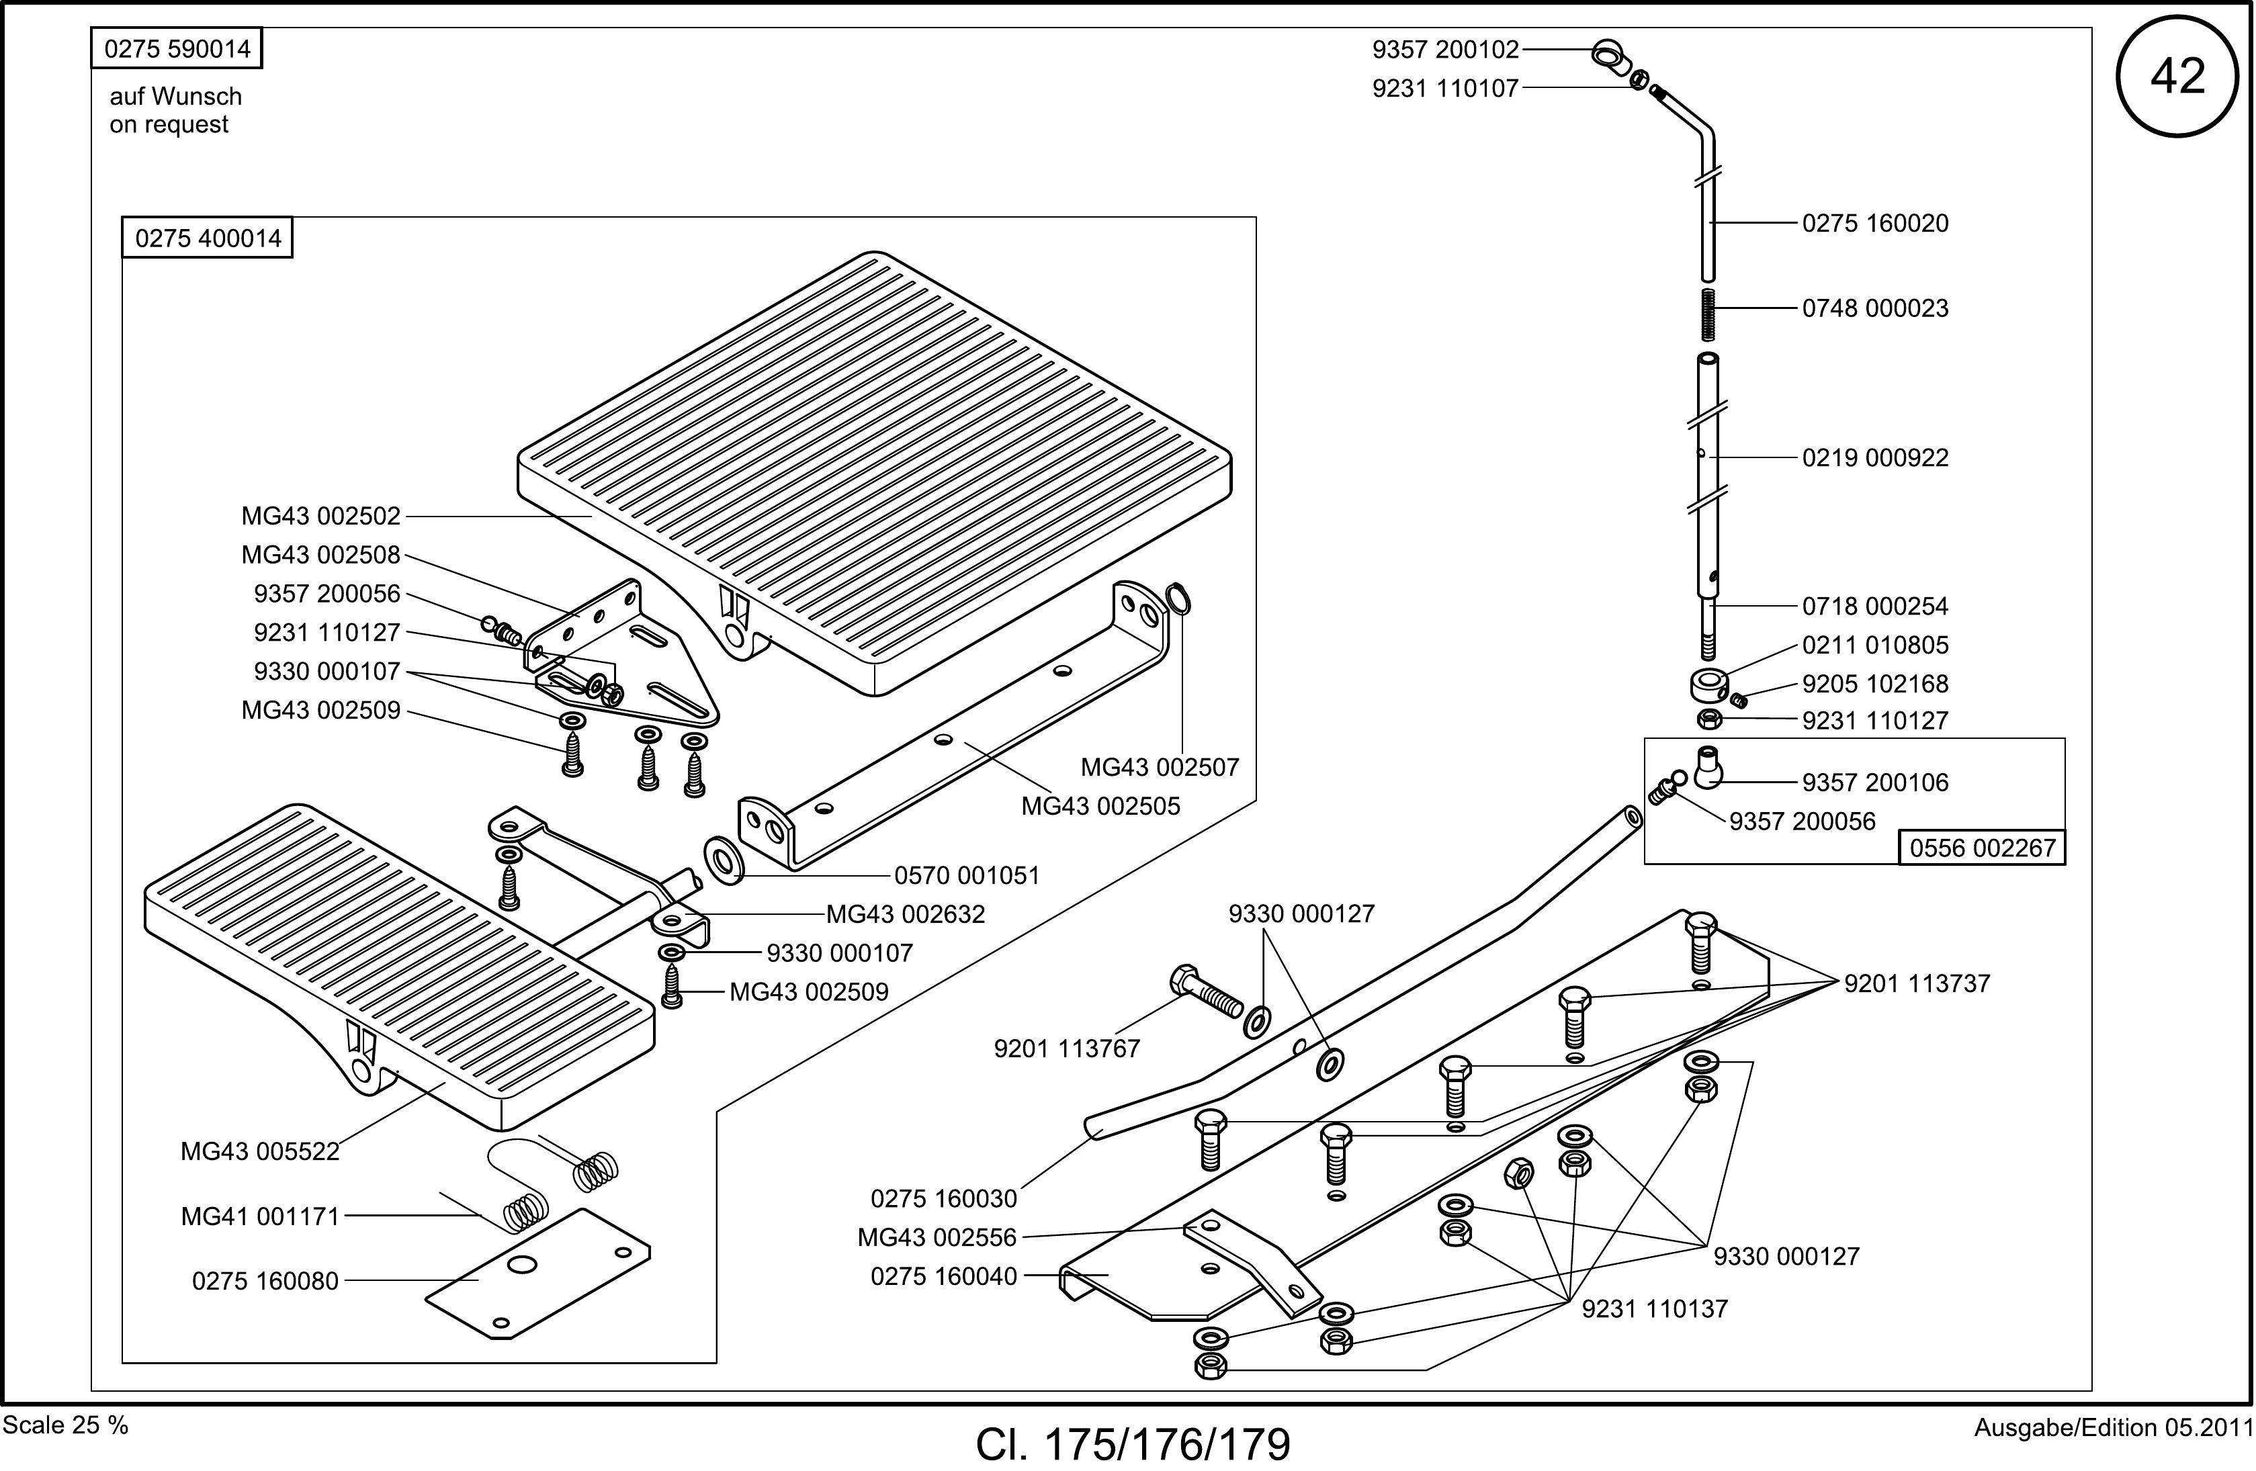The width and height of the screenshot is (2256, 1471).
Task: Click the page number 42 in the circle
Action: [x=2177, y=76]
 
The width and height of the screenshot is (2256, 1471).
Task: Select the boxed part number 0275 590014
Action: [x=176, y=48]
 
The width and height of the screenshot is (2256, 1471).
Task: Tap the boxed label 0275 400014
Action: [x=208, y=238]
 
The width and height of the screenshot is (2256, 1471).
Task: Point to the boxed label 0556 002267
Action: [x=1982, y=848]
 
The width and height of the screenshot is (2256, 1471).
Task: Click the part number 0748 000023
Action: [x=1875, y=308]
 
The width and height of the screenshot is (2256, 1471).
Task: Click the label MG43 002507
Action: [x=1160, y=767]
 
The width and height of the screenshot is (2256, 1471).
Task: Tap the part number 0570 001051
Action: [x=967, y=875]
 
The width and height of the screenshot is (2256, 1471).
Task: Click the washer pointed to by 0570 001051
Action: [x=725, y=860]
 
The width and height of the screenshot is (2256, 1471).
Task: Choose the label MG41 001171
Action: [x=260, y=1216]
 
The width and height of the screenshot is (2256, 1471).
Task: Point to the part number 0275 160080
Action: [x=265, y=1280]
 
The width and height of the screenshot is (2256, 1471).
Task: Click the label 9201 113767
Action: [x=1066, y=1049]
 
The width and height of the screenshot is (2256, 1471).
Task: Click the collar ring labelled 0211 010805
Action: [x=1708, y=683]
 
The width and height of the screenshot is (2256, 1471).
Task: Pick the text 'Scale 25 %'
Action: [x=65, y=1425]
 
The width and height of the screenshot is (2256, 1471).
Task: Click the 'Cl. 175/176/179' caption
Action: [x=1133, y=1444]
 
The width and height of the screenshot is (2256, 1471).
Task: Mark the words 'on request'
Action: [x=169, y=125]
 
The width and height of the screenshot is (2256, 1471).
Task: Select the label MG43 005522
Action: [x=260, y=1151]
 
